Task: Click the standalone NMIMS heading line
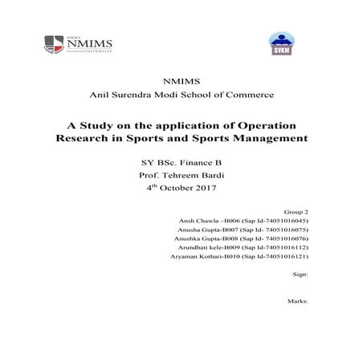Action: (x=181, y=81)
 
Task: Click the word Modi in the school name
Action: (x=172, y=95)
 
